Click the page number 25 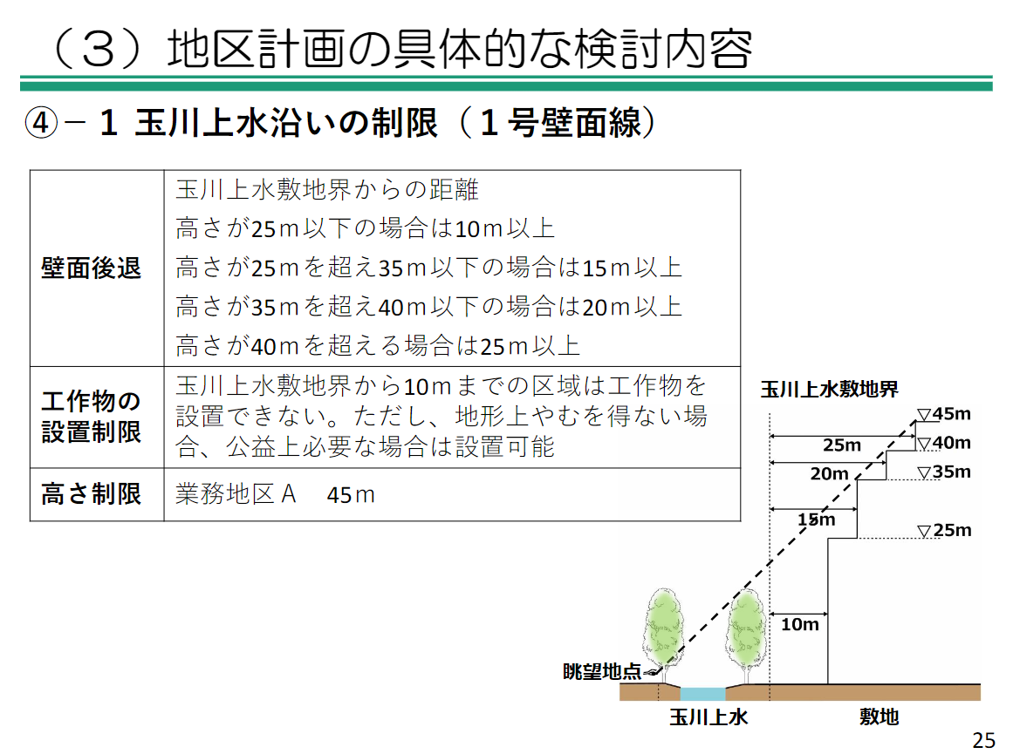click(983, 740)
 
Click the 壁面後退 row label click(92, 268)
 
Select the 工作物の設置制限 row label click(92, 417)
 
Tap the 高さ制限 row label click(92, 494)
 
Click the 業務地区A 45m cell click(275, 494)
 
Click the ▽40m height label click(944, 443)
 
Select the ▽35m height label click(944, 472)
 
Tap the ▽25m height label click(944, 531)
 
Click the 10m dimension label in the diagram click(799, 624)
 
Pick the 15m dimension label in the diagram click(817, 520)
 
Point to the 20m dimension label click(829, 474)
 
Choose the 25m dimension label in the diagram click(842, 445)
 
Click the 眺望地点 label click(603, 671)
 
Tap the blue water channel click(702, 694)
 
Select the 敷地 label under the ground click(879, 717)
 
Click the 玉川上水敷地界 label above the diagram click(829, 389)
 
